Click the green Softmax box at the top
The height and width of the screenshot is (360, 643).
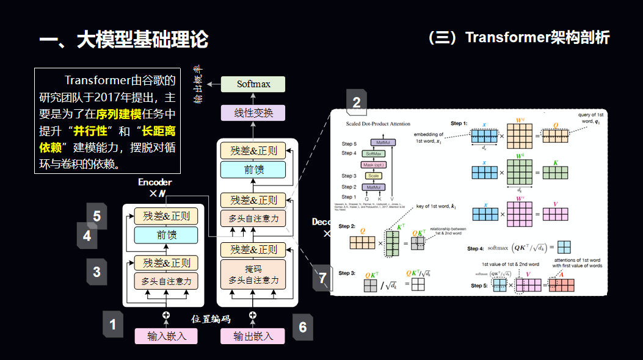tap(253, 84)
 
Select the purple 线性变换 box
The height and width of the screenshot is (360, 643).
tap(253, 113)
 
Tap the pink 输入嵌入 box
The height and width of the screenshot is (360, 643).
tap(167, 336)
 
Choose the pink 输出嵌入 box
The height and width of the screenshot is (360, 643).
tap(253, 336)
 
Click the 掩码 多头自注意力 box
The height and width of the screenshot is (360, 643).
tap(253, 276)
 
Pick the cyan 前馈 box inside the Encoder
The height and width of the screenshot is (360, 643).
tap(166, 235)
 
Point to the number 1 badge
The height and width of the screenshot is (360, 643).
tap(112, 325)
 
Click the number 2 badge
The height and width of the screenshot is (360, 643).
tap(357, 103)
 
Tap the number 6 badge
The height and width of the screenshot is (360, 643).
tap(302, 327)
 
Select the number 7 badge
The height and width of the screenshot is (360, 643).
tap(323, 278)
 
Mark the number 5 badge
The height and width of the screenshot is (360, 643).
tap(96, 216)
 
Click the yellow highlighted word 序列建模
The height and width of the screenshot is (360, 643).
tap(119, 114)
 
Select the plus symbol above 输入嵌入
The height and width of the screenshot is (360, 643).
tap(165, 315)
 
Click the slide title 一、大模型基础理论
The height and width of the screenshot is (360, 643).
tap(124, 40)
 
